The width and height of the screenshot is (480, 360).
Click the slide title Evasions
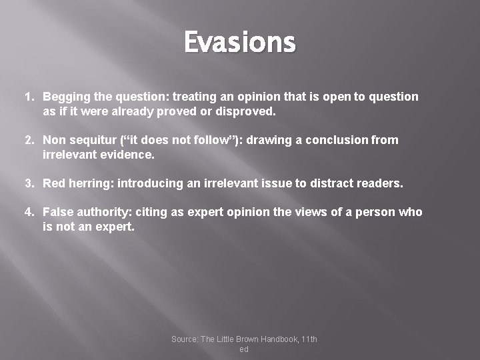click(239, 43)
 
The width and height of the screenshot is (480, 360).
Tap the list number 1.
click(29, 97)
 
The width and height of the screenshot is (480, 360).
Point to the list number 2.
click(29, 140)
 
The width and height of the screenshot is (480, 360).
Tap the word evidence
click(127, 154)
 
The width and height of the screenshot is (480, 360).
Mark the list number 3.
click(29, 183)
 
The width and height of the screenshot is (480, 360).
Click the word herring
click(88, 183)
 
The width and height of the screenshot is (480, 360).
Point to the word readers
click(382, 183)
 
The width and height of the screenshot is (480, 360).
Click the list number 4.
click(29, 212)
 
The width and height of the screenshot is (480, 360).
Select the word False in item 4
click(57, 212)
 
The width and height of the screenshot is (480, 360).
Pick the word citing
click(152, 212)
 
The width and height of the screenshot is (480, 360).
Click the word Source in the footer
click(185, 339)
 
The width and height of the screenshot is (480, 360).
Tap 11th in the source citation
click(309, 339)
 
